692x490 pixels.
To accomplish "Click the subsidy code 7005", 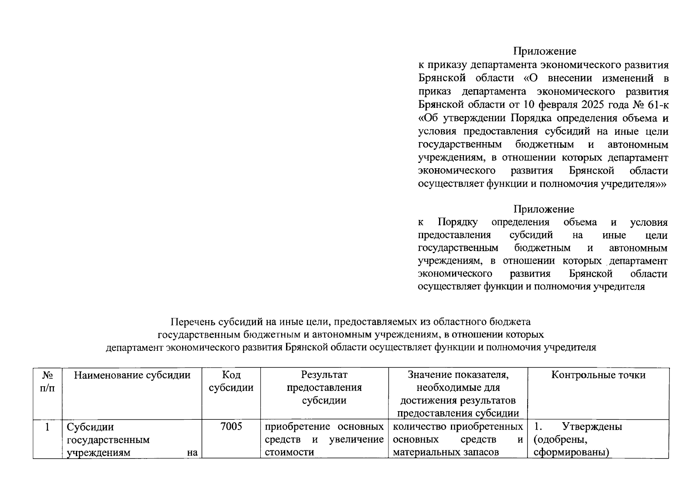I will tap(231, 427).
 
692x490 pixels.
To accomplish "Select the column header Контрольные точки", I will tap(598, 375).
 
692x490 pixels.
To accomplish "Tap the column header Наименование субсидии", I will tap(132, 375).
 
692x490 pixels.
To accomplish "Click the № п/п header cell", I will tap(47, 381).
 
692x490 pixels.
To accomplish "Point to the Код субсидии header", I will tap(231, 381).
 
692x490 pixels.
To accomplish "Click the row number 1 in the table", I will tap(47, 427).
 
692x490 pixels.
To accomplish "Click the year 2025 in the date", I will tap(594, 105).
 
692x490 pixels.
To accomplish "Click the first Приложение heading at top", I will tap(544, 51).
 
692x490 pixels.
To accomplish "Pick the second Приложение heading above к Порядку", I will tap(543, 209).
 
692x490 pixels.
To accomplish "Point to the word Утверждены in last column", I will tap(592, 427).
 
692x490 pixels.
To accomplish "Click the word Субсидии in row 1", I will tap(90, 427).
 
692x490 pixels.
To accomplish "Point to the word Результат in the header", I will tap(324, 375).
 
